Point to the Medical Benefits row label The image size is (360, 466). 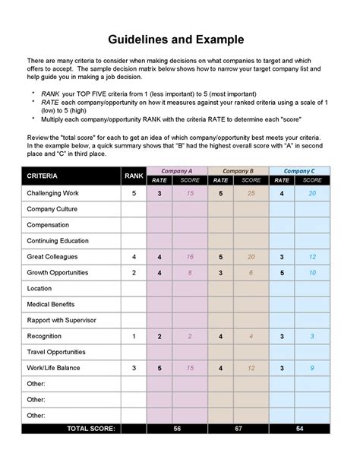point(51,305)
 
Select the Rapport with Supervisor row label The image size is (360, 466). point(62,320)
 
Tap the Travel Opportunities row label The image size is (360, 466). point(58,352)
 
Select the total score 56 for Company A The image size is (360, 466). point(176,429)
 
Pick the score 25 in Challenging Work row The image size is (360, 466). point(251,194)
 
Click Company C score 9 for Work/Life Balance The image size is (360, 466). point(311,368)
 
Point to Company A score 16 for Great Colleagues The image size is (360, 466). point(191,257)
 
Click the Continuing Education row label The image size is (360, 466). point(58,241)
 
